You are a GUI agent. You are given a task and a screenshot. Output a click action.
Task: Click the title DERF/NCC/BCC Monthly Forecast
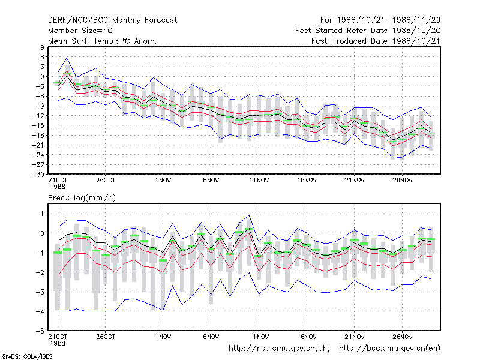[x=112, y=20]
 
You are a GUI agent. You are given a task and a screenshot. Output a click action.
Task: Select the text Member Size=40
[x=80, y=31]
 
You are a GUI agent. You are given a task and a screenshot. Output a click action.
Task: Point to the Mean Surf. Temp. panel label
[x=103, y=41]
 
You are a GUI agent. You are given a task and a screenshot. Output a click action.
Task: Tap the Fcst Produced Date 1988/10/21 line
[x=376, y=41]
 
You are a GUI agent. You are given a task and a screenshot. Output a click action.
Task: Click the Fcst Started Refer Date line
[x=368, y=31]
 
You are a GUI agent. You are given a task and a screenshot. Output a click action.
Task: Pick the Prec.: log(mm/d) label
[x=82, y=198]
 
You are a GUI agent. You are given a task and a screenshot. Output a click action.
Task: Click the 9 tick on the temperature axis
[x=42, y=47]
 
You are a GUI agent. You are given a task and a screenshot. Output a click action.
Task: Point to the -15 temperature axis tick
[x=38, y=125]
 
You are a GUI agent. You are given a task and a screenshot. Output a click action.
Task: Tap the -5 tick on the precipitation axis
[x=40, y=331]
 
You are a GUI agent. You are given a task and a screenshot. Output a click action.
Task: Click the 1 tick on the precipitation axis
[x=42, y=214]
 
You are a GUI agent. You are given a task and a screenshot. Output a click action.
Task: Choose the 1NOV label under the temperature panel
[x=163, y=181]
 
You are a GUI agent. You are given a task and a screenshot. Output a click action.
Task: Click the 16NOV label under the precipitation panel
[x=307, y=337]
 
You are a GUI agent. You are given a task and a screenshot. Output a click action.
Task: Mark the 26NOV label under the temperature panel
[x=403, y=181]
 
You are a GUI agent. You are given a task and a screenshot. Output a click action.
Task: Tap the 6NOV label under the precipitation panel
[x=211, y=337]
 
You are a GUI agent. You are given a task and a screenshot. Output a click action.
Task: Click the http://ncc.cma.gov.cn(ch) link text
[x=279, y=349]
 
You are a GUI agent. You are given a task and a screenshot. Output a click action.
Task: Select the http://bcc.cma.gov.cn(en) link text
[x=389, y=349]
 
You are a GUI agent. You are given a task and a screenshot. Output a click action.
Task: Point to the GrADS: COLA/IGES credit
[x=27, y=356]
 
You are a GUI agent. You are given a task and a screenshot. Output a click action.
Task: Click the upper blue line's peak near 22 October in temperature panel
[x=67, y=57]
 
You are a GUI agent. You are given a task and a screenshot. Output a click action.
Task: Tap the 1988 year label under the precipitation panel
[x=58, y=343]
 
